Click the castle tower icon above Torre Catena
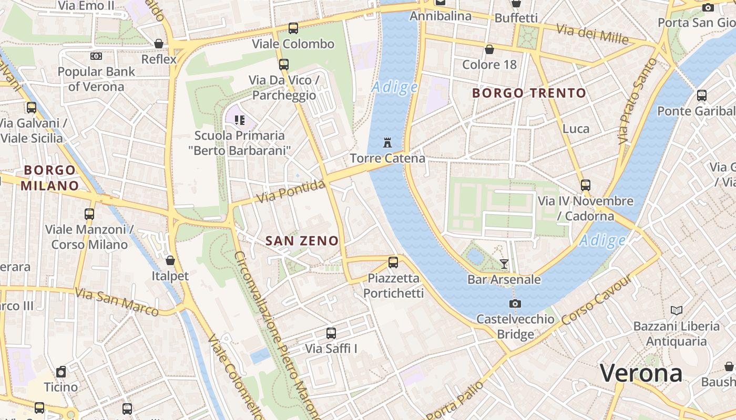pos(388,142)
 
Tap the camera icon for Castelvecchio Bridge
pos(515,303)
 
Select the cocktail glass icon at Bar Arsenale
pos(504,264)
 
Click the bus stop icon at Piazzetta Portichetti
pos(393,262)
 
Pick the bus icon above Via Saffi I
pos(331,333)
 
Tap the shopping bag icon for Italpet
pos(170,260)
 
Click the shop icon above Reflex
pos(159,44)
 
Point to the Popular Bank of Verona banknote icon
pos(96,56)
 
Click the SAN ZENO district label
pos(302,241)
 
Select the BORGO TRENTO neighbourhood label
pos(529,93)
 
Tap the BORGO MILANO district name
pos(50,178)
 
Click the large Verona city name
pos(641,373)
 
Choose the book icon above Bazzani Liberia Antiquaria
pos(677,310)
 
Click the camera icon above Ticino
pos(61,372)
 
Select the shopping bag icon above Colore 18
pos(489,49)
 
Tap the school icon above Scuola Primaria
pos(240,120)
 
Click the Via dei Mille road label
pos(592,34)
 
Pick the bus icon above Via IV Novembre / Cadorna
pos(586,185)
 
